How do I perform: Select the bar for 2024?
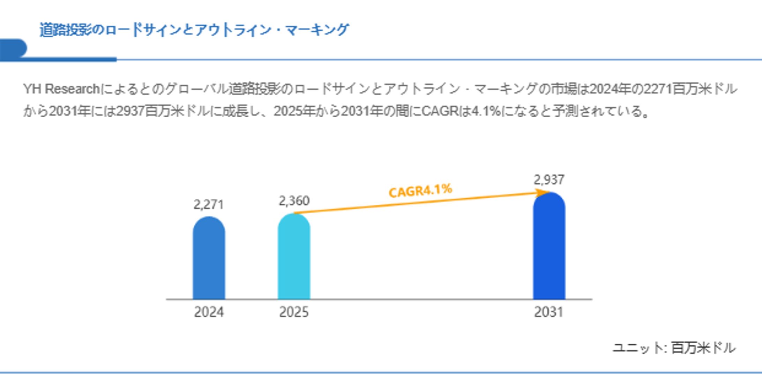click(209, 258)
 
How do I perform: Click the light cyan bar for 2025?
click(294, 257)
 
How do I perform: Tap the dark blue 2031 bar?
click(549, 246)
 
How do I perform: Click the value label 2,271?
click(208, 205)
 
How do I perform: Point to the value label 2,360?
click(294, 201)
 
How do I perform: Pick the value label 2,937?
click(549, 180)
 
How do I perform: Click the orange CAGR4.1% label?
click(420, 191)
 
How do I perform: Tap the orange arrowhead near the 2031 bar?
click(542, 193)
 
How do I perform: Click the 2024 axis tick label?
click(209, 312)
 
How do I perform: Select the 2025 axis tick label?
click(294, 312)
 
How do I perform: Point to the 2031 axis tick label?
click(549, 312)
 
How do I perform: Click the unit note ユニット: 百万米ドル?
click(674, 348)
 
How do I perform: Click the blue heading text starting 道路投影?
click(194, 30)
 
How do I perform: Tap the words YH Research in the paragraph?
click(62, 89)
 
